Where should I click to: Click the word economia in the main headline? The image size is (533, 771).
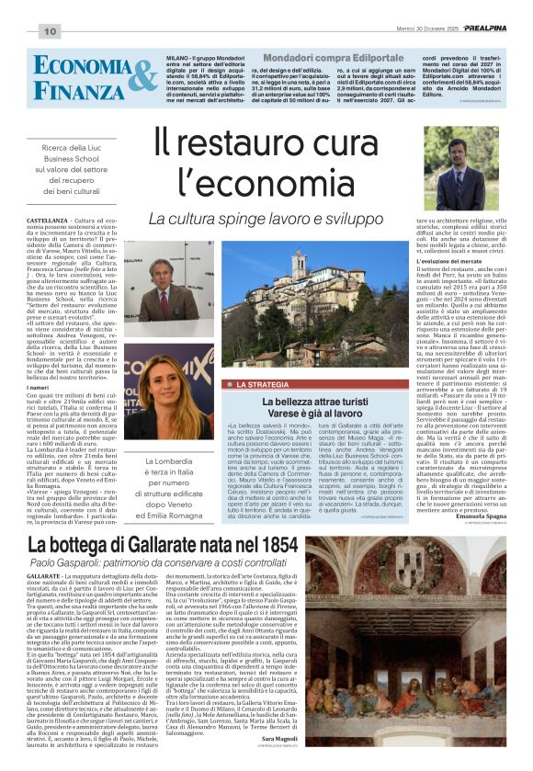click(x=307, y=190)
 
